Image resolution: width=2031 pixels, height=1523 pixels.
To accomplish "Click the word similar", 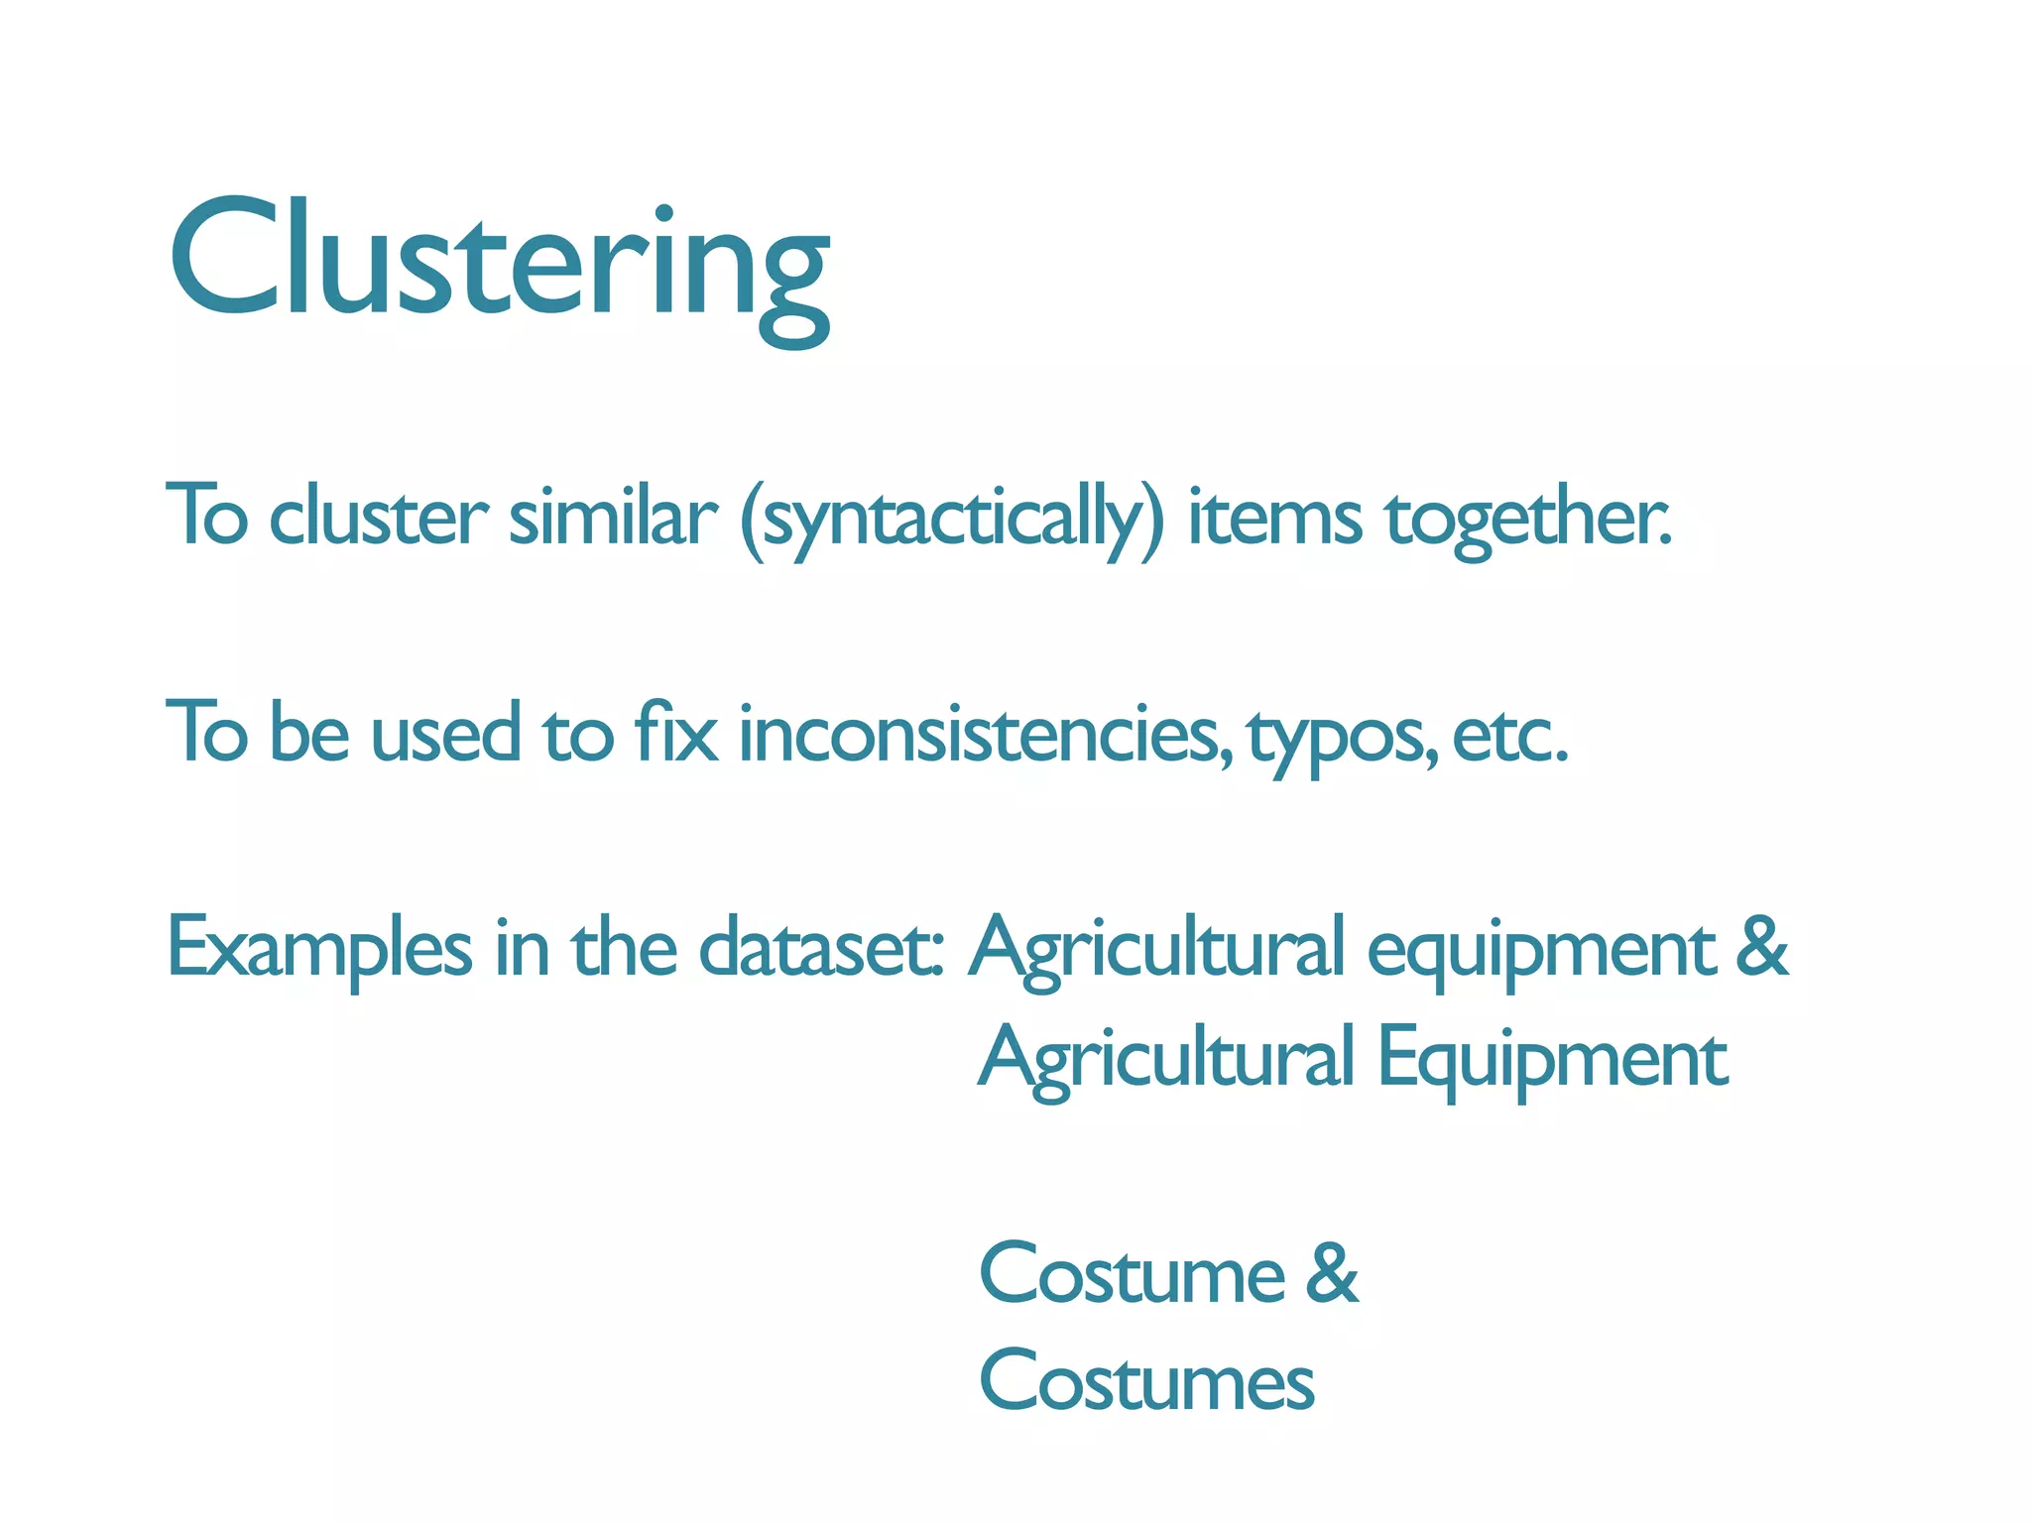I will pos(612,517).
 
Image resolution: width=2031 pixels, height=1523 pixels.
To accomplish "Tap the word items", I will pos(1274,517).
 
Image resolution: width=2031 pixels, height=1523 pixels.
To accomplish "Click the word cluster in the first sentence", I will pos(378,517).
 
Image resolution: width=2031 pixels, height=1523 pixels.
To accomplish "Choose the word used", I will pos(445,734).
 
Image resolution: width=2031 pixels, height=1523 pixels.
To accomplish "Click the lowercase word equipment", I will pos(1541,950).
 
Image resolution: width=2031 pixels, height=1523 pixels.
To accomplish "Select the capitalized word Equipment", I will pos(1552,1059).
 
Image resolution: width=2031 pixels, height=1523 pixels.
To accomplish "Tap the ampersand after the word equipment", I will pos(1762,946).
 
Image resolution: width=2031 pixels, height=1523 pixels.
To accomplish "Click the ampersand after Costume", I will pos(1331,1273).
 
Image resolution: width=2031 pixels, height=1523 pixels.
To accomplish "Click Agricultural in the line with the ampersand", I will pos(1156,950).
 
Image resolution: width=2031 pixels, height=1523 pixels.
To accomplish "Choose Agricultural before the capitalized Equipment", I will pos(1166,1059).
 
